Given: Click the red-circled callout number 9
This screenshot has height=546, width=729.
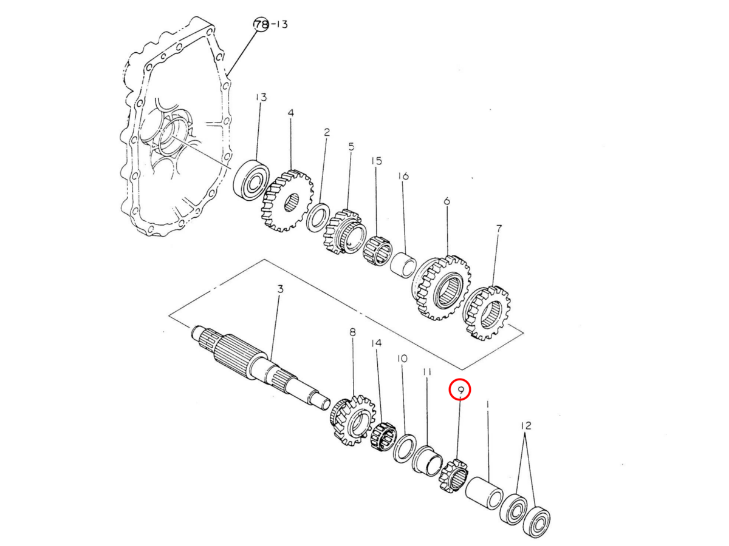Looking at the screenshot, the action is click(460, 391).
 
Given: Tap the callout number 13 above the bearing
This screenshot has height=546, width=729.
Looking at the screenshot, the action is click(261, 97).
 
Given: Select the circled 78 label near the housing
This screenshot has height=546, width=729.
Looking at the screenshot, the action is click(261, 24).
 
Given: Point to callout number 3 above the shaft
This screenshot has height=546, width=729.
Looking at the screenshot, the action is click(280, 289).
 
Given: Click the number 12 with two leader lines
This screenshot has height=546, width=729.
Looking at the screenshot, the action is click(526, 425).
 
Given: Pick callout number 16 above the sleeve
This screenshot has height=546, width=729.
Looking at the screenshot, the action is click(403, 176).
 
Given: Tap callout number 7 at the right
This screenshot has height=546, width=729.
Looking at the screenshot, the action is click(499, 229).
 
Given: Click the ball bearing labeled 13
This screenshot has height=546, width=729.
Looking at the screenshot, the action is click(252, 179).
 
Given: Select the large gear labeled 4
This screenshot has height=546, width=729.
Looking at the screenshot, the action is click(288, 200).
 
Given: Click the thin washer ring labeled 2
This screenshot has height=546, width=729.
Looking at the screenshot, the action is click(318, 217).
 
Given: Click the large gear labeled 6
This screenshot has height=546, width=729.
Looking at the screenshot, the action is click(440, 287).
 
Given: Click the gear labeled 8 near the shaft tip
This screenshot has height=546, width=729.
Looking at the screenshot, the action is click(352, 420).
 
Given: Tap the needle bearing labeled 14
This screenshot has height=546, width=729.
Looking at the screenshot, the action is click(384, 437).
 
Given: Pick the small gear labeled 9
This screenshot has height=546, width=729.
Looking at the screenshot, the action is click(454, 476).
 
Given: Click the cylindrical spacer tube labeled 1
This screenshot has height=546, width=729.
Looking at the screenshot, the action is click(484, 492).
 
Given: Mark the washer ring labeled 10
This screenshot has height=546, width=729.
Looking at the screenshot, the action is click(404, 448).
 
